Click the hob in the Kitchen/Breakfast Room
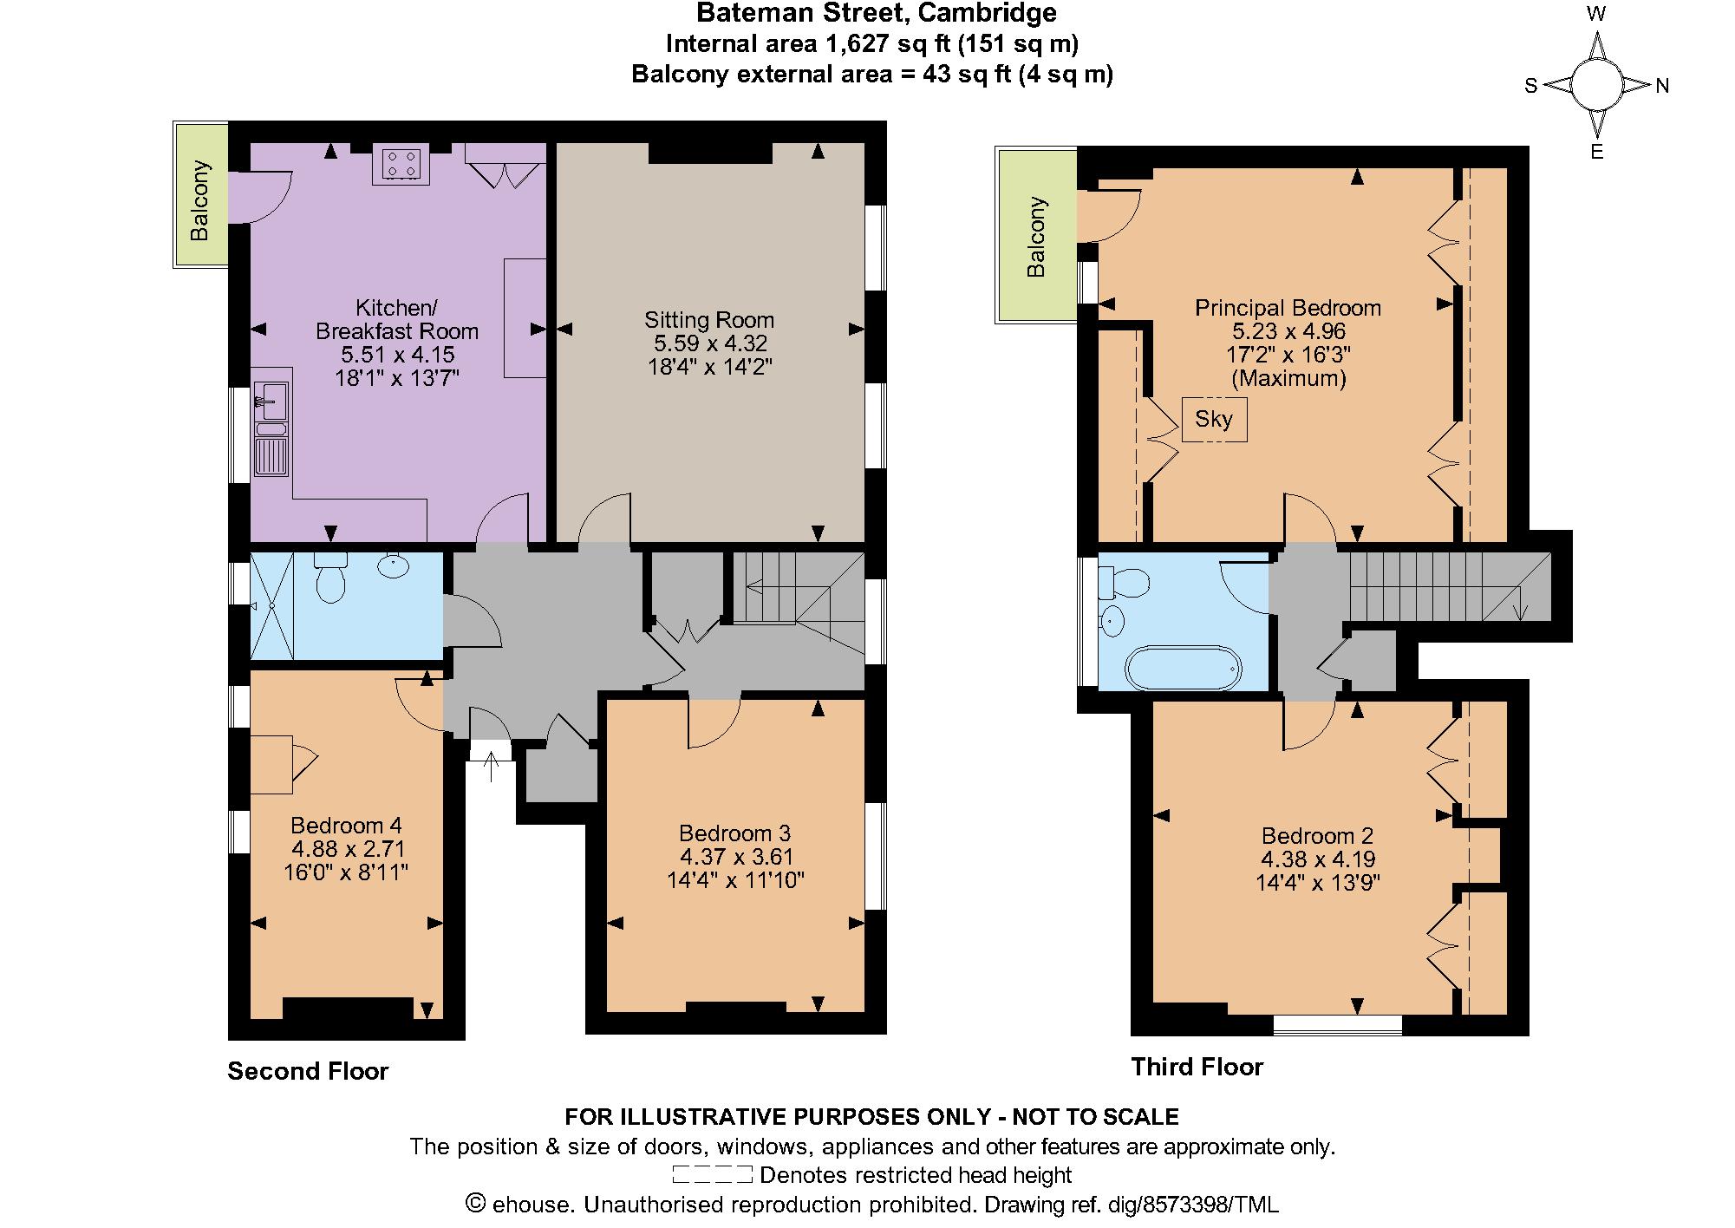pyautogui.click(x=401, y=165)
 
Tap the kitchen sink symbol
pyautogui.click(x=271, y=402)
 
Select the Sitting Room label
pyautogui.click(x=708, y=319)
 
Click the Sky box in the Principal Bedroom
pyautogui.click(x=1214, y=420)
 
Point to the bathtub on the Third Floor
pyautogui.click(x=1183, y=668)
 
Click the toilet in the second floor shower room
pyautogui.click(x=330, y=579)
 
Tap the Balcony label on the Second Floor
pyautogui.click(x=200, y=200)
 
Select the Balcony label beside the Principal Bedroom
pyautogui.click(x=1036, y=238)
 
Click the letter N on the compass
pyautogui.click(x=1662, y=86)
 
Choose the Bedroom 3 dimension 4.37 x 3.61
pyautogui.click(x=735, y=857)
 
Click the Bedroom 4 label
pyautogui.click(x=346, y=825)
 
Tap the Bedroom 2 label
pyautogui.click(x=1317, y=836)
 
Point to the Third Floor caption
pyautogui.click(x=1197, y=1067)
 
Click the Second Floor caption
pyautogui.click(x=308, y=1071)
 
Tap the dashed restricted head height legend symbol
pyautogui.click(x=712, y=1175)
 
